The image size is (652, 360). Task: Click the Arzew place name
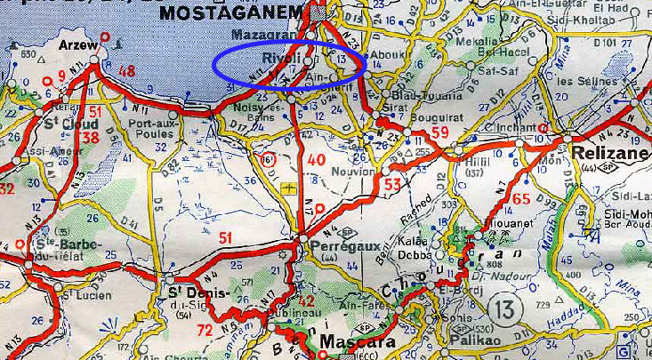(76, 44)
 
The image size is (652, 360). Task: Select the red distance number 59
(439, 133)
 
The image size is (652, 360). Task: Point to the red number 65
(521, 199)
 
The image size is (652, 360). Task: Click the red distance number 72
(205, 331)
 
